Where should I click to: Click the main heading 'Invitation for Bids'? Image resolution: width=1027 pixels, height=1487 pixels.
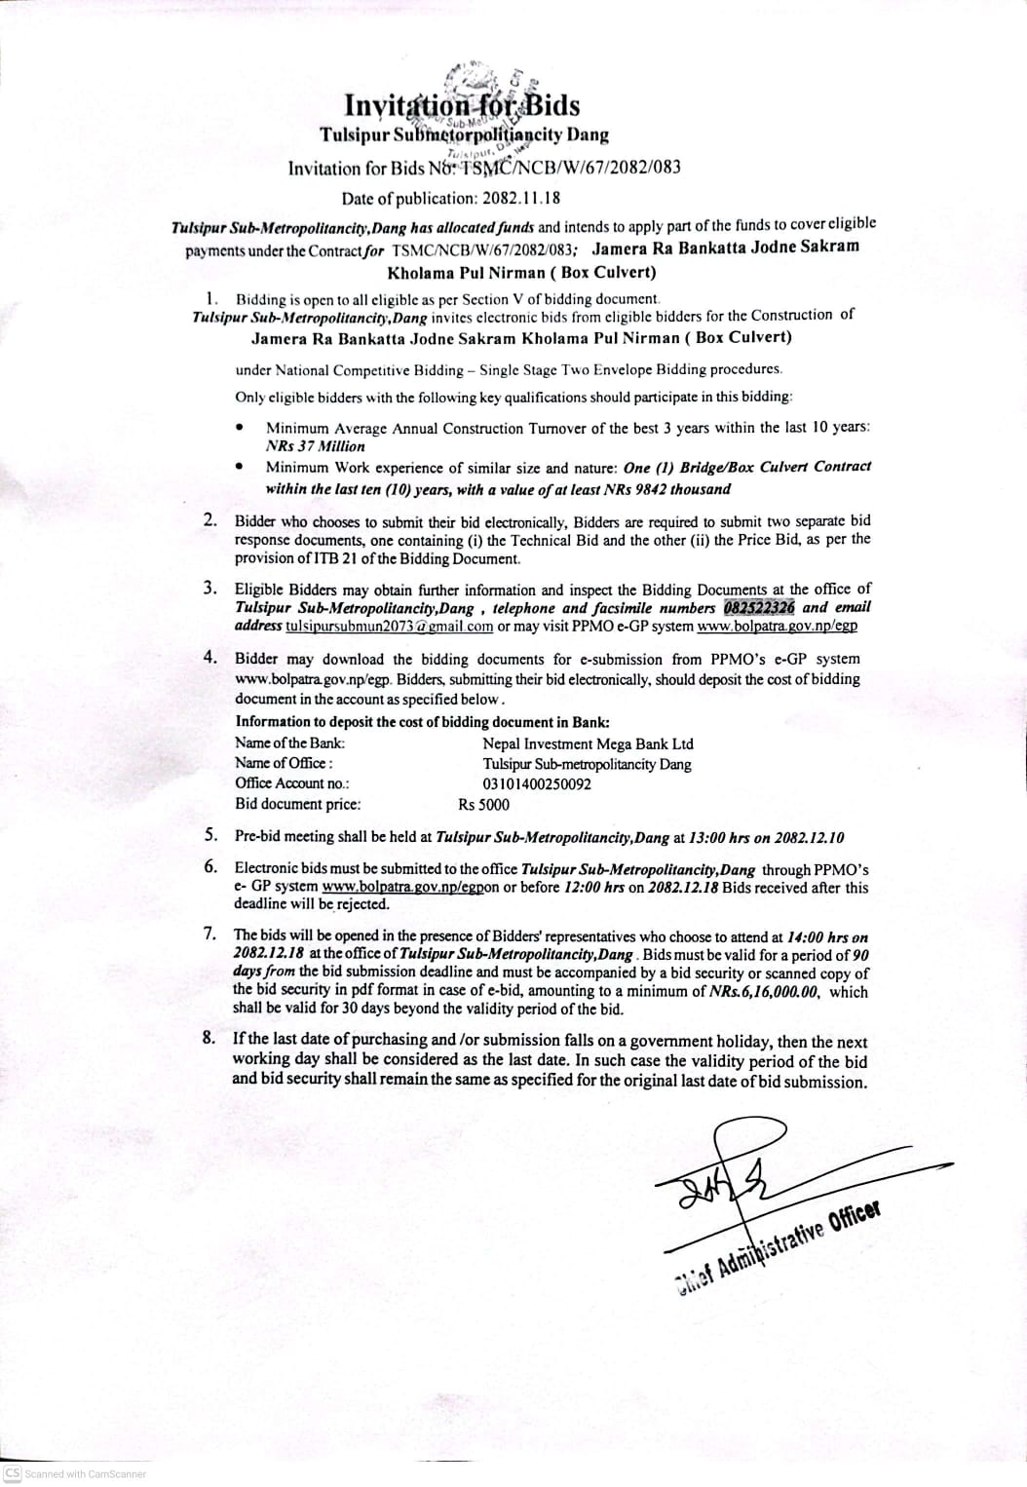[463, 104]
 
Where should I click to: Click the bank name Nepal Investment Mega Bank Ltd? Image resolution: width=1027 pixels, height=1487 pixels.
[588, 743]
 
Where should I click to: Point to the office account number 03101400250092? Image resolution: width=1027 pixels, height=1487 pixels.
[537, 783]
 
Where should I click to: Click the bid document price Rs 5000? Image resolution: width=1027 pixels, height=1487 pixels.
[483, 805]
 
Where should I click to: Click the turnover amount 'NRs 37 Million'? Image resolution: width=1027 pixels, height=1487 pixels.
[316, 446]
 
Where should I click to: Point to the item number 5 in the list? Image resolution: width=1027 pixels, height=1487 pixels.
[210, 835]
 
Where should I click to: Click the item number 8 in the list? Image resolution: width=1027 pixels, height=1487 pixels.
[209, 1038]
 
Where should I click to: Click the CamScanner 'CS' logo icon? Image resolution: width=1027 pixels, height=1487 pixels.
[13, 1473]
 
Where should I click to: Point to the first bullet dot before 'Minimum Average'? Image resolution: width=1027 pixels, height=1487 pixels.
[240, 427]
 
